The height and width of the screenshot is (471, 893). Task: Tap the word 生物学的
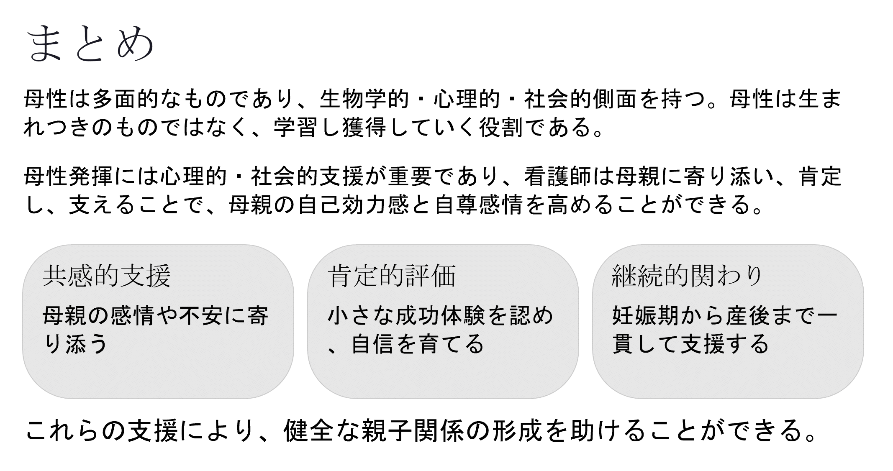coord(364,100)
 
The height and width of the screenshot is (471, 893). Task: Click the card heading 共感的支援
coord(107,276)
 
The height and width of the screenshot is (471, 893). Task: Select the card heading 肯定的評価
coord(392,276)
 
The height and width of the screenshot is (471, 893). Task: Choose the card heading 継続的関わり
coord(687,276)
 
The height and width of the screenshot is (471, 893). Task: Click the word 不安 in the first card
coord(200,316)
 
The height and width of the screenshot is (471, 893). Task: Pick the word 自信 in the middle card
coord(373,344)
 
